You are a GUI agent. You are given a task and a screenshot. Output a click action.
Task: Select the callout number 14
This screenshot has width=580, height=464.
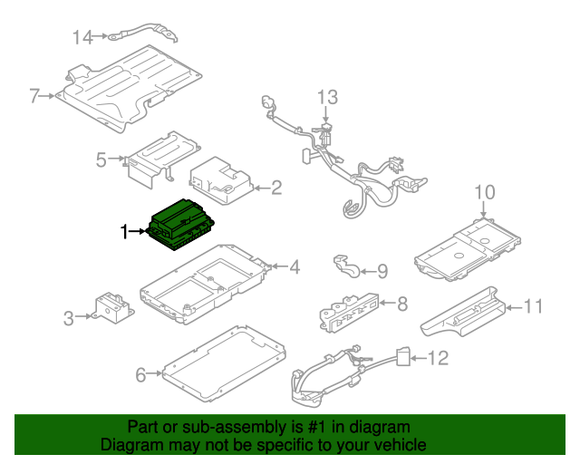click(x=83, y=37)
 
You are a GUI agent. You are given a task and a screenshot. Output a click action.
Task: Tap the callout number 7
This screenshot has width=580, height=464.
click(x=34, y=95)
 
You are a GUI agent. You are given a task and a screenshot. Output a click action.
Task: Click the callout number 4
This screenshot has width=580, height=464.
click(x=294, y=266)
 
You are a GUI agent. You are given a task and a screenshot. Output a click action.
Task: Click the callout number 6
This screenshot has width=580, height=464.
click(x=140, y=372)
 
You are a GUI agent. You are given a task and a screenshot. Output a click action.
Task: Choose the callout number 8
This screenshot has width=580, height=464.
click(x=402, y=304)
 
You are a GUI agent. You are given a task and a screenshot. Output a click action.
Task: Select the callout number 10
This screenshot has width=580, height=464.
click(x=485, y=191)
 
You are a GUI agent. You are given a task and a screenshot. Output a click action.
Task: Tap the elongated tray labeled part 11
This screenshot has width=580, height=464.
click(x=462, y=309)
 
